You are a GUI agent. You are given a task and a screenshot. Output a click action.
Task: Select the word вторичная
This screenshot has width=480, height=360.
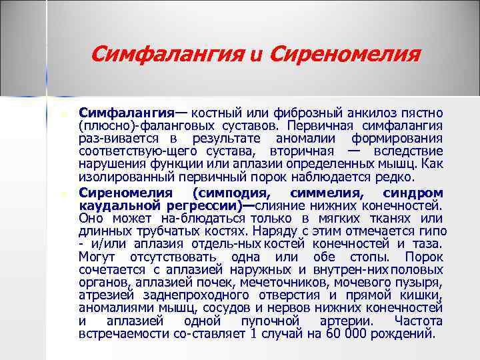[311, 152]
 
